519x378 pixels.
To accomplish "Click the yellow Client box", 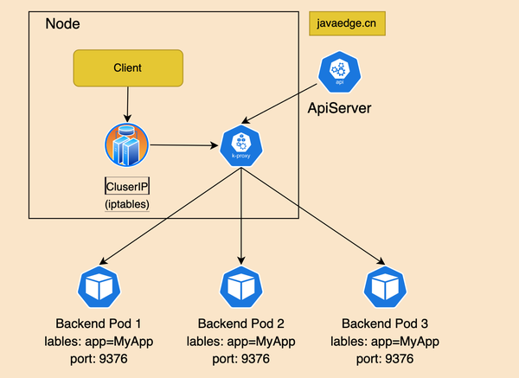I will pos(127,67).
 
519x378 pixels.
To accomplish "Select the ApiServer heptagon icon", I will pos(339,73).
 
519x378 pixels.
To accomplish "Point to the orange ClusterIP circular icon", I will pos(125,145).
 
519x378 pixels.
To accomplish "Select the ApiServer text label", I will pos(341,108).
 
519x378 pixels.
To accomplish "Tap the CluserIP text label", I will pos(127,186).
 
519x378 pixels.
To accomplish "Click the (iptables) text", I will pos(127,205).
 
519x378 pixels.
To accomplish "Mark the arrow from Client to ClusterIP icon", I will pos(127,104).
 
